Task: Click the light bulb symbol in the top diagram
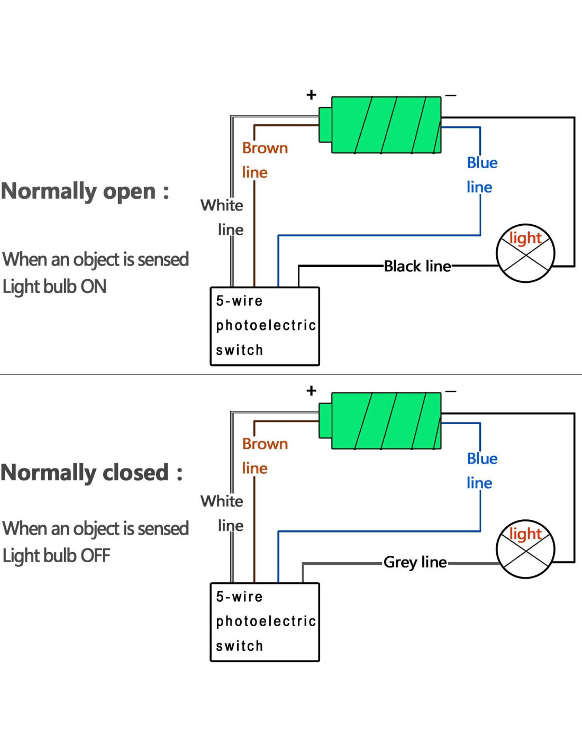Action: tap(525, 253)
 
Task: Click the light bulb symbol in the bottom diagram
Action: tap(525, 549)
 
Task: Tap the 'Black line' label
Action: tap(417, 266)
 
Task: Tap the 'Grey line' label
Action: tap(415, 562)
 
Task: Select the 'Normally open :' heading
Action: tap(85, 191)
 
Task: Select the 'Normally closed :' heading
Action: tap(92, 473)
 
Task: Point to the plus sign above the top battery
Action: tap(311, 95)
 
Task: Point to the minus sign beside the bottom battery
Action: tap(451, 391)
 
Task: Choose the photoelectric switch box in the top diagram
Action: tap(265, 326)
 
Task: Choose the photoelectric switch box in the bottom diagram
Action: tap(265, 622)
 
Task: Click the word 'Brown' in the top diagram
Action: tap(265, 148)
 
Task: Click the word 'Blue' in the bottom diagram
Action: tap(482, 458)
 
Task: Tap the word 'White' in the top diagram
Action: tap(222, 205)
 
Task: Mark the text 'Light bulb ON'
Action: tap(54, 287)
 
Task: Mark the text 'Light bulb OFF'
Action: tap(57, 556)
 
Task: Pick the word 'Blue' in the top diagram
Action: tap(482, 163)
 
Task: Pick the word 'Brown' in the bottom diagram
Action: tap(265, 444)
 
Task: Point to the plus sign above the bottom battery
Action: tap(311, 391)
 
